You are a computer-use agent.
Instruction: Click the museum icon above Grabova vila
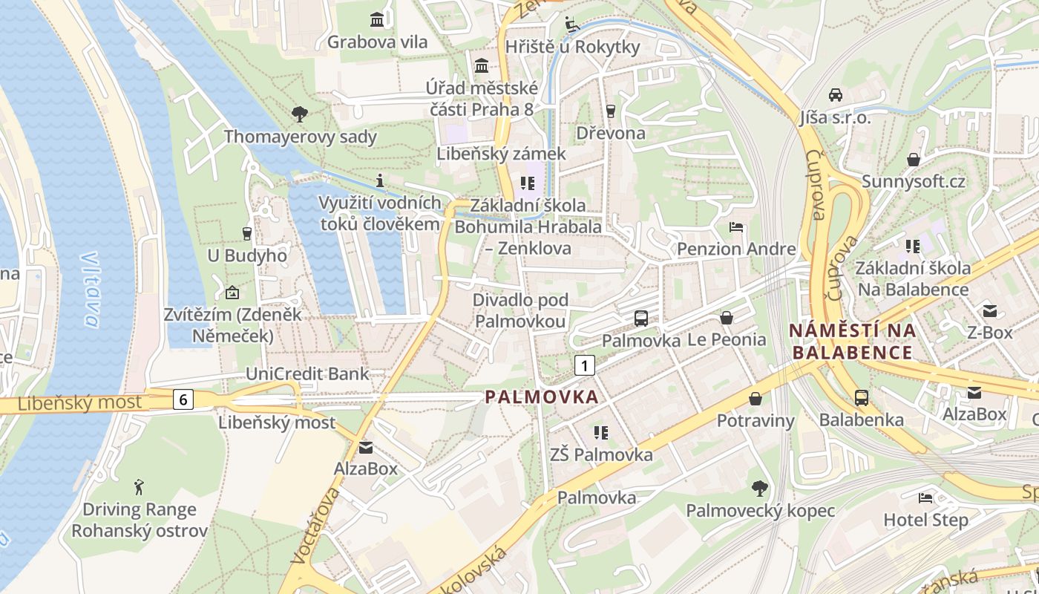[378, 19]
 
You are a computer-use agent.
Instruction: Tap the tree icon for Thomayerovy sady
[300, 114]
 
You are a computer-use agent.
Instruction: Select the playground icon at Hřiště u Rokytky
[571, 24]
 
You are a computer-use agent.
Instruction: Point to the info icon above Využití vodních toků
[380, 180]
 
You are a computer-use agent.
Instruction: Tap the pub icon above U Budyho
[247, 233]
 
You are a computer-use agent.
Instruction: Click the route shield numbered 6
[183, 399]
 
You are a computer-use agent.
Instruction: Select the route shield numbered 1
[585, 365]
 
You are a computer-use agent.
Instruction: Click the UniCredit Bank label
[307, 373]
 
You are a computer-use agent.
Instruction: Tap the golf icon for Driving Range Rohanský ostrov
[140, 487]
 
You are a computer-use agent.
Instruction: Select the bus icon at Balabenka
[861, 397]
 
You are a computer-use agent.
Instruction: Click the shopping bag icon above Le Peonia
[726, 318]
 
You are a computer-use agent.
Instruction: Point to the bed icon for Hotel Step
[925, 497]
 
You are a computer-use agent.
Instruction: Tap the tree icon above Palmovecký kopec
[759, 488]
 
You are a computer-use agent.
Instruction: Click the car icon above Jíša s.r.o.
[835, 95]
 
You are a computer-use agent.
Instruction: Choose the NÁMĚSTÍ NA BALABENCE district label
[852, 341]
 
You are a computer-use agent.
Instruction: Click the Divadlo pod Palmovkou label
[520, 310]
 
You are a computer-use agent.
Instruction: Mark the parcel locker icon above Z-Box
[989, 310]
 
